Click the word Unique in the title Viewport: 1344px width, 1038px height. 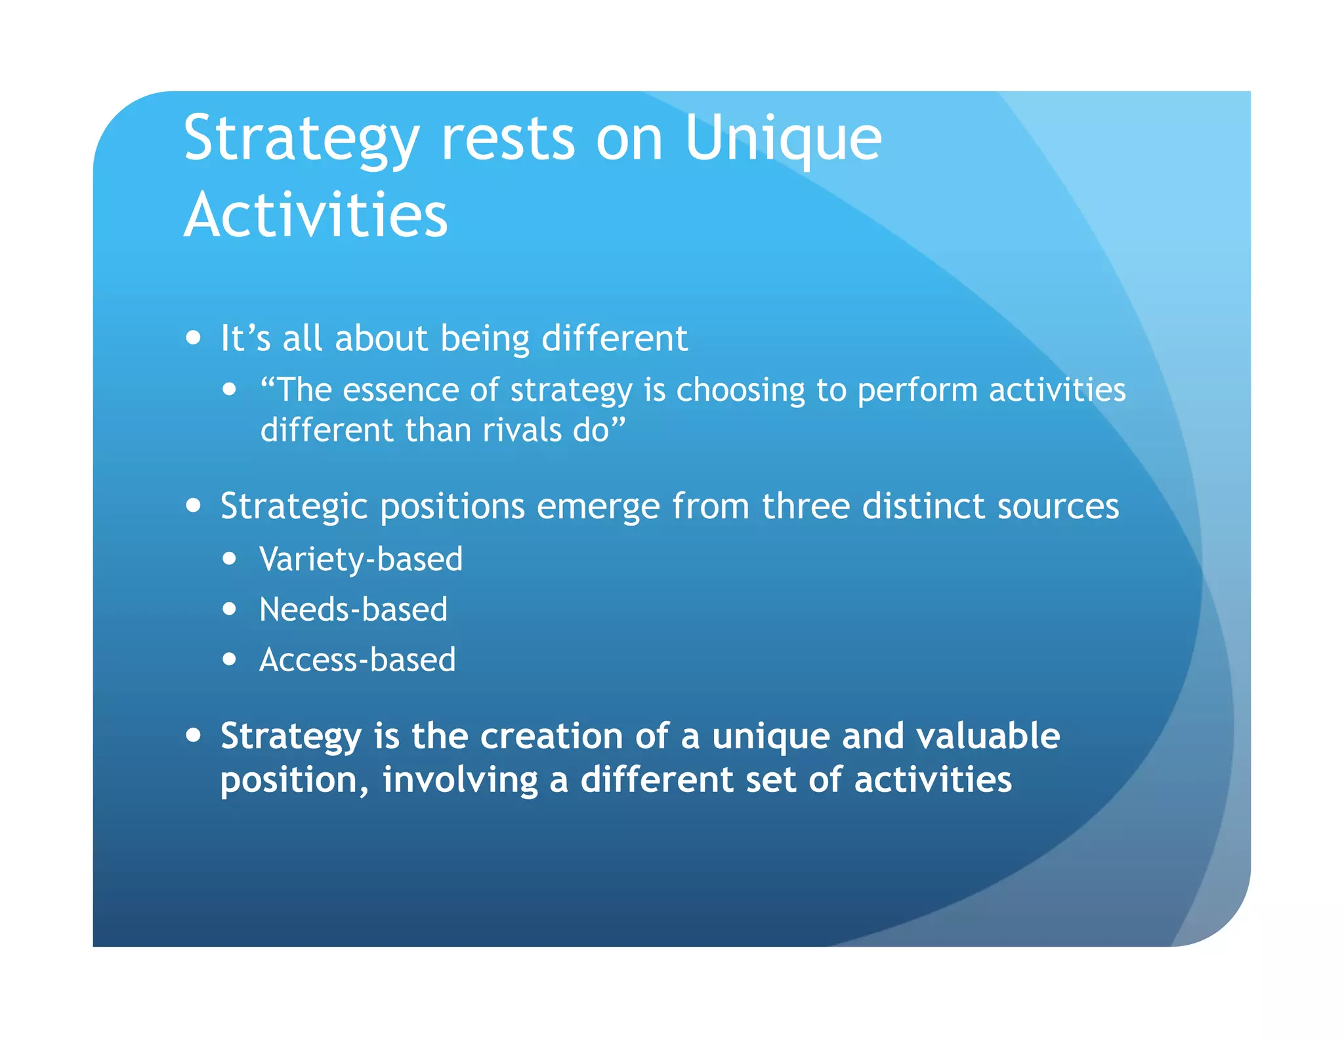pos(783,139)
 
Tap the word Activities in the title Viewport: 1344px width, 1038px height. pos(316,215)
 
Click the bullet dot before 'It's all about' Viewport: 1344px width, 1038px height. pos(193,338)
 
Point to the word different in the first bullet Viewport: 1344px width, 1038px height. pos(614,339)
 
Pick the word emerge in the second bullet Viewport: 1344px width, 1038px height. pos(598,507)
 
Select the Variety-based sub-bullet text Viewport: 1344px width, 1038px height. pos(361,560)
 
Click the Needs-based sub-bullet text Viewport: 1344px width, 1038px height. pos(353,610)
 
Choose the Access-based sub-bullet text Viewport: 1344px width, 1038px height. pos(357,659)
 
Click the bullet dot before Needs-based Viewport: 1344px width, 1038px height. pos(229,610)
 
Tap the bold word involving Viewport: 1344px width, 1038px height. pos(460,781)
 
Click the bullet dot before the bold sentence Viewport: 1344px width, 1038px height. pos(193,735)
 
